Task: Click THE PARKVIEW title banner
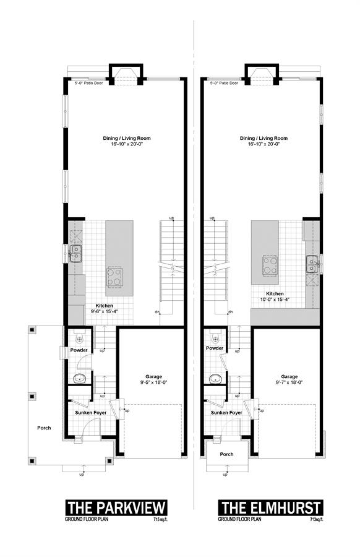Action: click(x=116, y=507)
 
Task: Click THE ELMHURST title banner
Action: click(x=271, y=507)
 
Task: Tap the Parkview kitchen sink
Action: click(x=75, y=254)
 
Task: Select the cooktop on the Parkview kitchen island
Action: click(x=114, y=277)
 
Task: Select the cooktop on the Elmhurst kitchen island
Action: click(x=270, y=266)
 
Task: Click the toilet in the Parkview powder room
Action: click(x=79, y=337)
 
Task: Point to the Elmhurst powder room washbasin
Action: click(x=215, y=379)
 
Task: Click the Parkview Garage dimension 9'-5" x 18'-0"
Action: click(x=154, y=382)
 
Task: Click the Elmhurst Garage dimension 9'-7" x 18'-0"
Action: click(x=289, y=382)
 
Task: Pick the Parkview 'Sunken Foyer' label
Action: click(x=90, y=413)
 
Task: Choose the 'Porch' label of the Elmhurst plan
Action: click(x=226, y=454)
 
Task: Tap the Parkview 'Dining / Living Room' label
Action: click(x=127, y=138)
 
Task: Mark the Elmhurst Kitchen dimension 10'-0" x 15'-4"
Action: click(x=275, y=300)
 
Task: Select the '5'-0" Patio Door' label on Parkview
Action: click(x=88, y=83)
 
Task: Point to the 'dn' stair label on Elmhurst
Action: click(x=231, y=312)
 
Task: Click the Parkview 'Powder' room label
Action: click(x=79, y=350)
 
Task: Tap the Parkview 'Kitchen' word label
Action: click(x=105, y=306)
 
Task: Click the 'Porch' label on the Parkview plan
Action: click(x=44, y=428)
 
